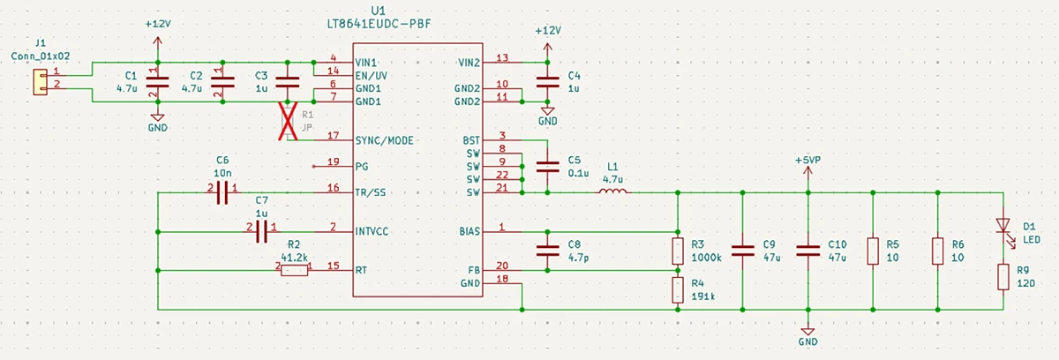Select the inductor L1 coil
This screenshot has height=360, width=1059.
pyautogui.click(x=613, y=191)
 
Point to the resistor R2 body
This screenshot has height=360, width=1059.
pyautogui.click(x=295, y=269)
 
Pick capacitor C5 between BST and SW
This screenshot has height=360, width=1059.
pyautogui.click(x=548, y=166)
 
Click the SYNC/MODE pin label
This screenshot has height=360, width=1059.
pyautogui.click(x=384, y=140)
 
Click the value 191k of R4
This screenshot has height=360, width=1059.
pyautogui.click(x=703, y=297)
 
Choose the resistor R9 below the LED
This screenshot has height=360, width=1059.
pyautogui.click(x=1003, y=276)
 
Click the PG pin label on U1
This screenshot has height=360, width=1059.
pyautogui.click(x=361, y=165)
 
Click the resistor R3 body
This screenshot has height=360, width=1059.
pyautogui.click(x=678, y=250)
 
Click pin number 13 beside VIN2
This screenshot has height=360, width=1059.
pyautogui.click(x=502, y=58)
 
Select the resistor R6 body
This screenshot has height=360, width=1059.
pyautogui.click(x=937, y=251)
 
